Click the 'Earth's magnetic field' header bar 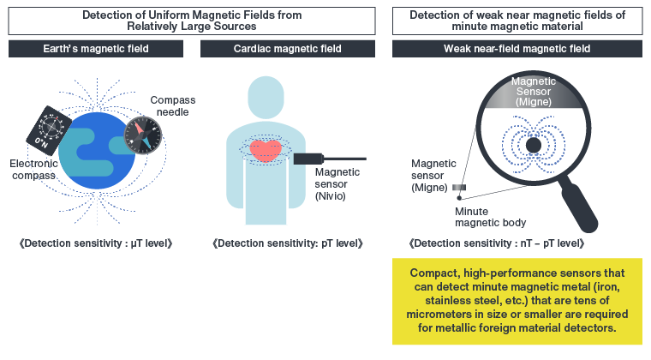[95, 49]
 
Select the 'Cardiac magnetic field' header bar [287, 49]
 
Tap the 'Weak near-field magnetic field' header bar [517, 49]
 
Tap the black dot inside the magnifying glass [533, 147]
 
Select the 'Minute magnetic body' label [489, 217]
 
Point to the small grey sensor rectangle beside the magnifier [460, 187]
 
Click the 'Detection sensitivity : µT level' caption [95, 244]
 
